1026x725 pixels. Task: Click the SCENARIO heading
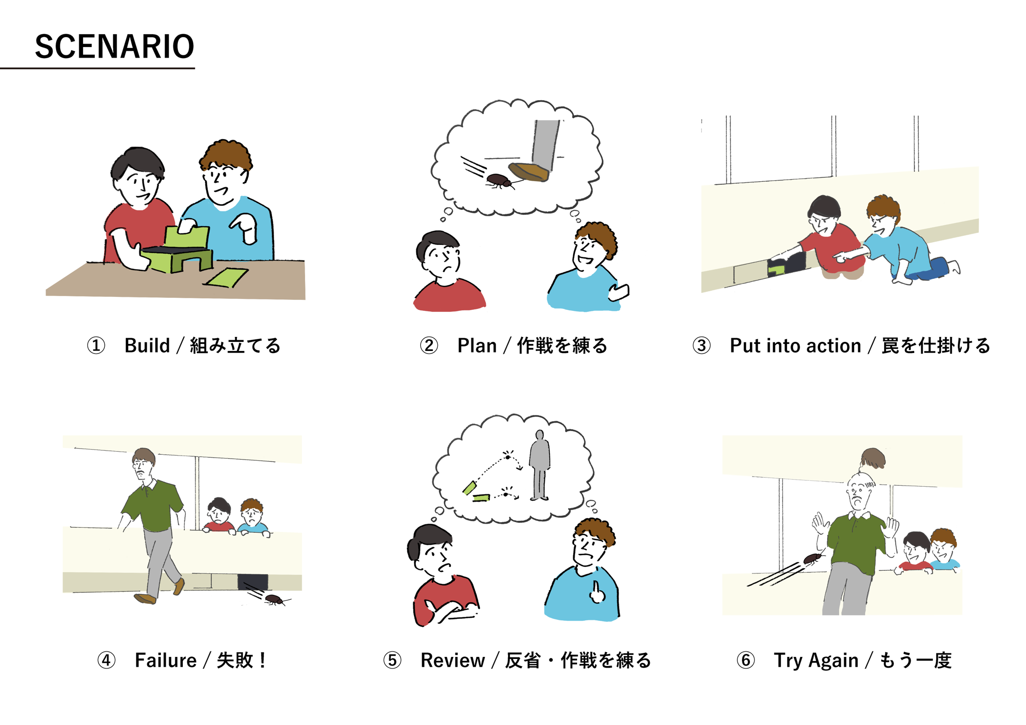pyautogui.click(x=114, y=47)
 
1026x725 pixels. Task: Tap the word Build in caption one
pyautogui.click(x=147, y=345)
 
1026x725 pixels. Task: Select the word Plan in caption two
pyautogui.click(x=477, y=345)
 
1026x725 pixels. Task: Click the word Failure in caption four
pyautogui.click(x=166, y=660)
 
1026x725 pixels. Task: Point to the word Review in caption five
pyautogui.click(x=453, y=660)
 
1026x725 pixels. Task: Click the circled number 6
pyautogui.click(x=745, y=660)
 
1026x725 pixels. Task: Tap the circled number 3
pyautogui.click(x=701, y=345)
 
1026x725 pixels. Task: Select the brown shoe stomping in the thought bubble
pyautogui.click(x=529, y=172)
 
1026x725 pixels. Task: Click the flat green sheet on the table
pyautogui.click(x=225, y=277)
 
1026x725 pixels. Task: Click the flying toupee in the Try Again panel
pyautogui.click(x=873, y=458)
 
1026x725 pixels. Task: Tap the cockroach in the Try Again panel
pyautogui.click(x=813, y=558)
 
